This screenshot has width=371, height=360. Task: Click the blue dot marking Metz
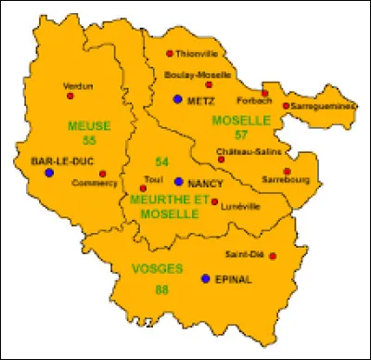177,98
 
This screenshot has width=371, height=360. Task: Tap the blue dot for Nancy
177,181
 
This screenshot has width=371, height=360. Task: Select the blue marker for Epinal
206,277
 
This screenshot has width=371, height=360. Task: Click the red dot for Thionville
171,54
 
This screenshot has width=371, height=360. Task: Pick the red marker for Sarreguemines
287,106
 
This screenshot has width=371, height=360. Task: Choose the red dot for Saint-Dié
273,255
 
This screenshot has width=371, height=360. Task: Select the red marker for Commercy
103,173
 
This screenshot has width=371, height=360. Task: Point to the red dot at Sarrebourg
288,171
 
